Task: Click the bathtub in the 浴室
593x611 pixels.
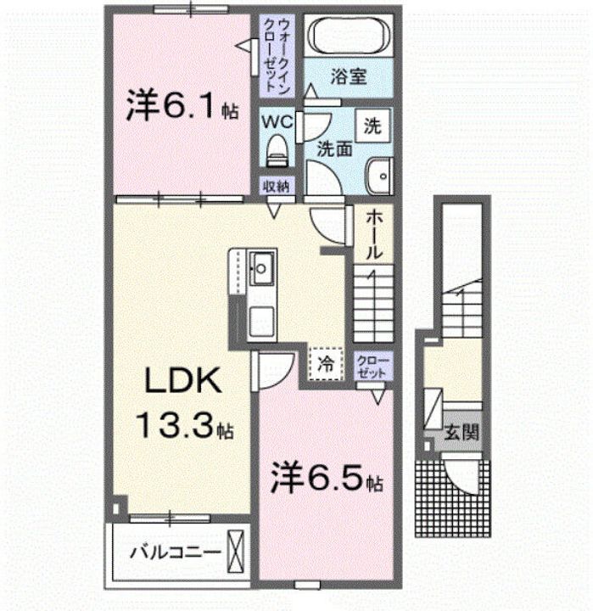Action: [349, 36]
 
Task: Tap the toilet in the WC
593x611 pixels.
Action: [277, 150]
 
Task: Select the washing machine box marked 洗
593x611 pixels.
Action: [372, 126]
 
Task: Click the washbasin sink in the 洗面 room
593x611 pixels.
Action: [378, 177]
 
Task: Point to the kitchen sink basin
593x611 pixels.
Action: [261, 268]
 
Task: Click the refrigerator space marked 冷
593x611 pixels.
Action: [326, 364]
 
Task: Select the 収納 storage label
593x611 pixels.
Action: [277, 187]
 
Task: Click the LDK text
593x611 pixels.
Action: [183, 381]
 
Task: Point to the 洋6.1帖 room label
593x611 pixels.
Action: [182, 105]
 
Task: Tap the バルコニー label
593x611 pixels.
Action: [176, 552]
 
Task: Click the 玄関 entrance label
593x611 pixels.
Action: [461, 432]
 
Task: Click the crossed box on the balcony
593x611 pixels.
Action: [236, 552]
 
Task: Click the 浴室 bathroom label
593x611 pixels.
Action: [349, 76]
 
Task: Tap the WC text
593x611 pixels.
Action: [277, 122]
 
